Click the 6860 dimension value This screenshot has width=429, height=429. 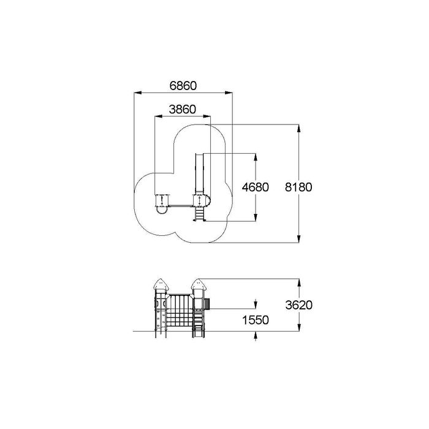[x=183, y=86]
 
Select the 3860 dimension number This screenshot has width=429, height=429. [x=183, y=110]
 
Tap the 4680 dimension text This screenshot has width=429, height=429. [x=256, y=187]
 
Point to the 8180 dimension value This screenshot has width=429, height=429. [x=298, y=187]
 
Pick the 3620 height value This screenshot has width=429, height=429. [x=299, y=305]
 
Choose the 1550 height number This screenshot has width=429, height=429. [x=256, y=320]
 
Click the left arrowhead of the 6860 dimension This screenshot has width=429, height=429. [x=138, y=93]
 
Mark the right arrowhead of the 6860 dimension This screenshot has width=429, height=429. [x=229, y=93]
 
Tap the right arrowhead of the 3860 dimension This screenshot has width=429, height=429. [x=207, y=116]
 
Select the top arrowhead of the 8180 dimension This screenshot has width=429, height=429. [x=299, y=128]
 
